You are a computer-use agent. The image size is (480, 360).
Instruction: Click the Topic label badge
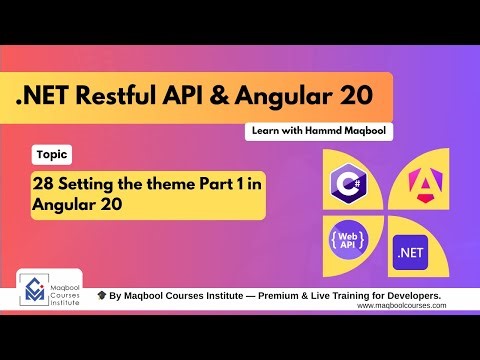50,155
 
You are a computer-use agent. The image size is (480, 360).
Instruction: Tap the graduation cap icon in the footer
102,297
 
